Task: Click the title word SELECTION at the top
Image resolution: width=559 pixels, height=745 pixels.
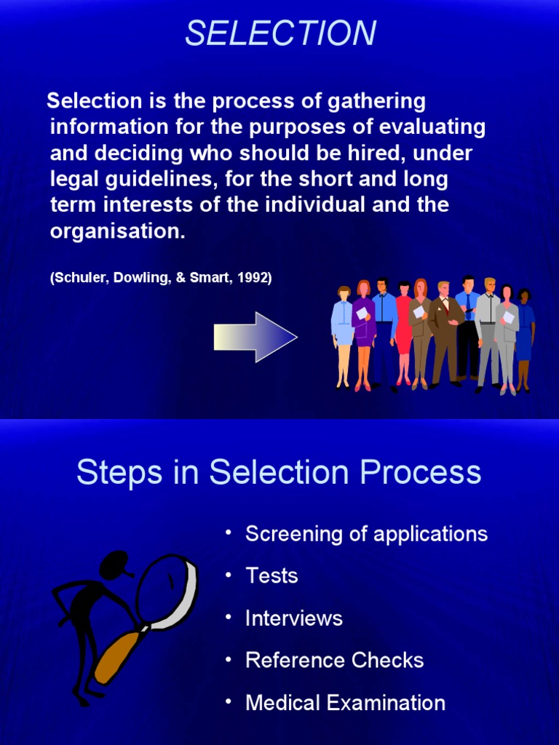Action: (x=280, y=33)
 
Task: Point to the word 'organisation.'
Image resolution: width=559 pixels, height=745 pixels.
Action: (x=117, y=231)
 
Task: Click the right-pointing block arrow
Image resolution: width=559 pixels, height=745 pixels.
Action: (x=255, y=337)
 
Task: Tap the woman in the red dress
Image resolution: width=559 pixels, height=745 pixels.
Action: (x=404, y=331)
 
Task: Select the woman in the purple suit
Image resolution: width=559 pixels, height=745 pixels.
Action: (x=363, y=331)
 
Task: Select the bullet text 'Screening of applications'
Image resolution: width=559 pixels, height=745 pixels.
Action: (x=366, y=534)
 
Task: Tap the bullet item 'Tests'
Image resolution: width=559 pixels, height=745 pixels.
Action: (x=271, y=576)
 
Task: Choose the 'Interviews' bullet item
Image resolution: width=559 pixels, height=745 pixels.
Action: (x=293, y=618)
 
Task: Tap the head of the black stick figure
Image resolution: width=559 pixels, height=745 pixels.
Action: (x=114, y=564)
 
